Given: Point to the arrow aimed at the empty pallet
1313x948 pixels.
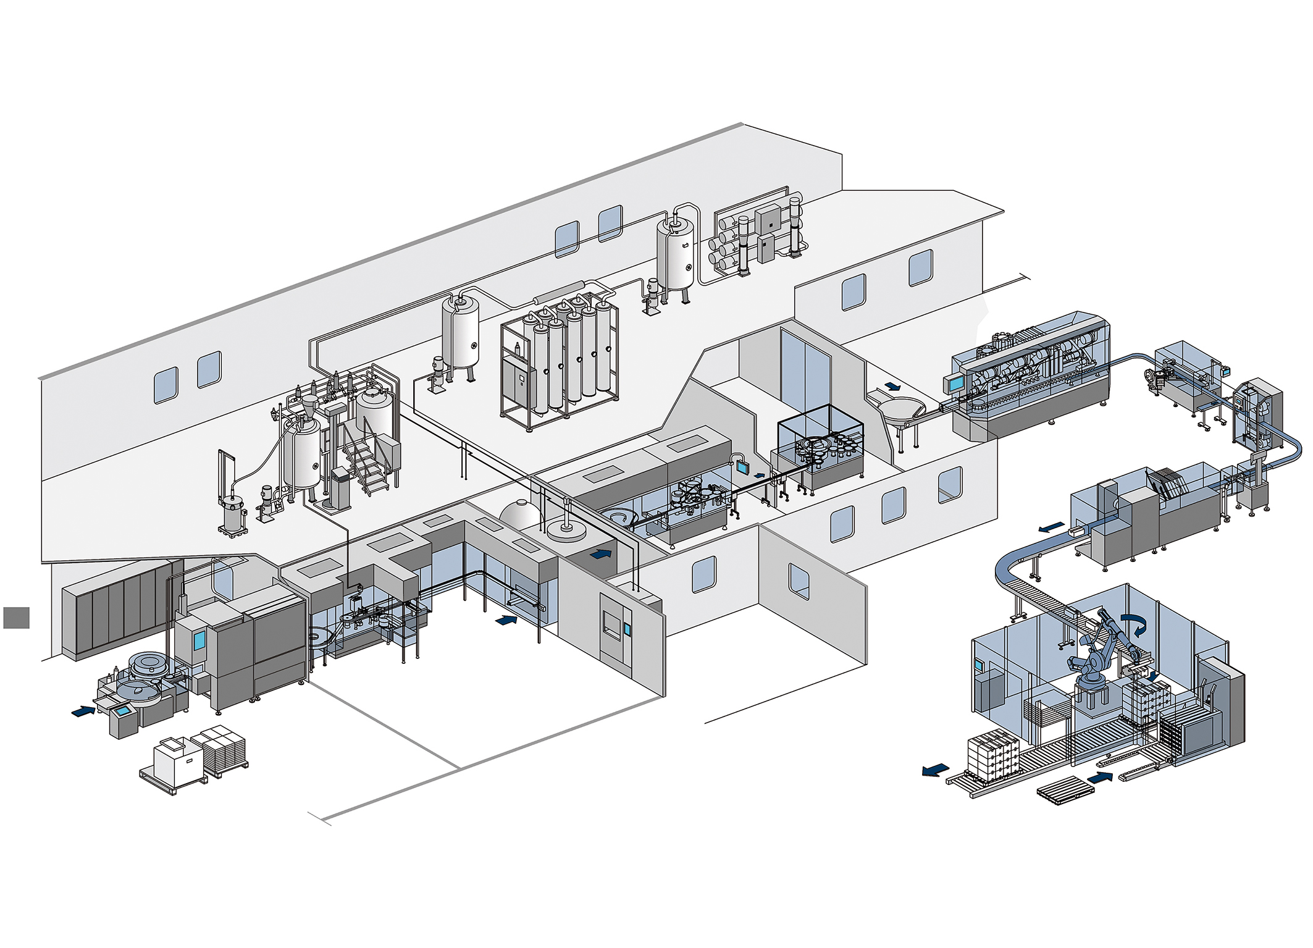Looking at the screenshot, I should (1099, 778).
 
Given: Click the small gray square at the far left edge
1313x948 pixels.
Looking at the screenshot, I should (16, 618).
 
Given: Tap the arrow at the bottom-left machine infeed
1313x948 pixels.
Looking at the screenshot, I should (83, 711).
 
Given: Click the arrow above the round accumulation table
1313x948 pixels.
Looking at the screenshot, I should (892, 387).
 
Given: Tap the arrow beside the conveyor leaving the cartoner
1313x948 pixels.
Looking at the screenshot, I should (1051, 528).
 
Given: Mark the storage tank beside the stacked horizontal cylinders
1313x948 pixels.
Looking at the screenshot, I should (676, 253).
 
